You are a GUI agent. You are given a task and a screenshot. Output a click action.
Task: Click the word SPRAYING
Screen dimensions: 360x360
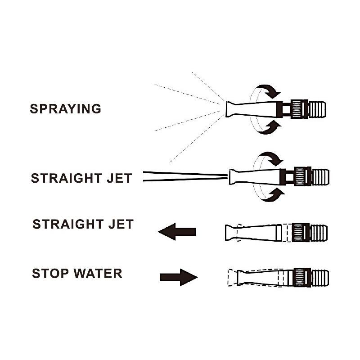pyautogui.click(x=65, y=109)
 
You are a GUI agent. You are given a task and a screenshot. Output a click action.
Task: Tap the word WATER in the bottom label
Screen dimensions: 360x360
pyautogui.click(x=98, y=274)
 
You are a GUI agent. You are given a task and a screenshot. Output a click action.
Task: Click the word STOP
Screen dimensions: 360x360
pyautogui.click(x=50, y=274)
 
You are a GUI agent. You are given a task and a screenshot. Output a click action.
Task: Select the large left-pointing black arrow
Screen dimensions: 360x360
pyautogui.click(x=177, y=232)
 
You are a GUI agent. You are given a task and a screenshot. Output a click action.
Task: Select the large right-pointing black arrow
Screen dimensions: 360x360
pyautogui.click(x=179, y=277)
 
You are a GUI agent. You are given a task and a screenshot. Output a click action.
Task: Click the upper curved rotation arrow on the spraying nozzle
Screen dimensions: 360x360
pyautogui.click(x=269, y=90)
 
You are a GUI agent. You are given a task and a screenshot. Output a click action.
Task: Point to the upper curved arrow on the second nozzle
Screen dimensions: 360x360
pyautogui.click(x=272, y=158)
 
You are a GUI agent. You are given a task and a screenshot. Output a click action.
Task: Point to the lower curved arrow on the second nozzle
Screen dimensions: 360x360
pyautogui.click(x=273, y=195)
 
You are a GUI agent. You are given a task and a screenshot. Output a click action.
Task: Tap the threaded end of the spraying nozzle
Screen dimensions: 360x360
pyautogui.click(x=317, y=109)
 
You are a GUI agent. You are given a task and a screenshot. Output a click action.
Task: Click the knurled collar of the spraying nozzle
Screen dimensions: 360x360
pyautogui.click(x=299, y=109)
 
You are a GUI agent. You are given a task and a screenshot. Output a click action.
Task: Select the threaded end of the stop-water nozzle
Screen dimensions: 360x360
pyautogui.click(x=320, y=278)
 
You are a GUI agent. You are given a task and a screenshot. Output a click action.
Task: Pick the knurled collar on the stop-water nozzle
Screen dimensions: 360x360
pyautogui.click(x=302, y=278)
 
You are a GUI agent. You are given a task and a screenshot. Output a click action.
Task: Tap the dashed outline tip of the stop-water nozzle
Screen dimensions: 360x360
pyautogui.click(x=232, y=278)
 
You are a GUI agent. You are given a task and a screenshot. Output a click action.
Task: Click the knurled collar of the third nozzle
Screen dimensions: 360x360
pyautogui.click(x=301, y=232)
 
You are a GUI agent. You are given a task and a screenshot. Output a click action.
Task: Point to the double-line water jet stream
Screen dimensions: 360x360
pyautogui.click(x=185, y=176)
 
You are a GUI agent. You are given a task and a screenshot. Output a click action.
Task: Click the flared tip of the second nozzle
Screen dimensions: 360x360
pyautogui.click(x=234, y=176)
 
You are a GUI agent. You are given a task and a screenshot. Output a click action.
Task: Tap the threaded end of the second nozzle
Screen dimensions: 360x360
pyautogui.click(x=320, y=177)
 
